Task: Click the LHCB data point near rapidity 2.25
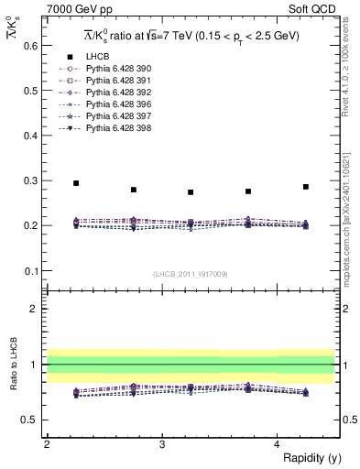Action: [76, 183]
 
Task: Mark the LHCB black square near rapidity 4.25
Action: [306, 187]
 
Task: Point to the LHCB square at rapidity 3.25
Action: [191, 192]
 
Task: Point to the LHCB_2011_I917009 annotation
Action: [190, 274]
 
